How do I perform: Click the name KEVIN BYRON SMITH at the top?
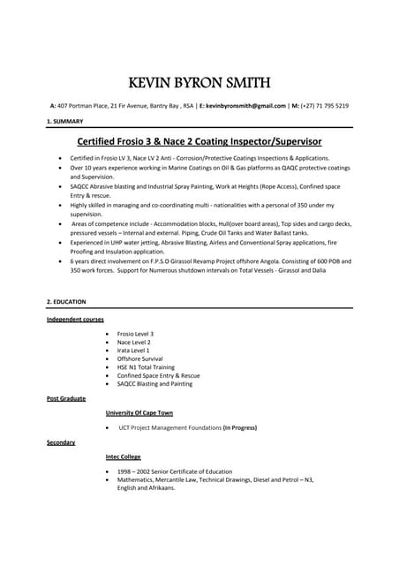coord(199,84)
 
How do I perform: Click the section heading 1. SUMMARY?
coord(66,120)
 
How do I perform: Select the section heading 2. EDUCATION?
coord(67,302)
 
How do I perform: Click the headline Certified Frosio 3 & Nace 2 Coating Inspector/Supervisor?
coord(199,141)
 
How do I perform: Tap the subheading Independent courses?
coord(75,319)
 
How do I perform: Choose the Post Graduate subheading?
coord(66,399)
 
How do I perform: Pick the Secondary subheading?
coord(61,442)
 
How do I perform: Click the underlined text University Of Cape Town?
coord(139,413)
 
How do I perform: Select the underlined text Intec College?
coord(124,456)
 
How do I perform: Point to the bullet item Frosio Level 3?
coord(135,335)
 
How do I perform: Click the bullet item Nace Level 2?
coord(134,343)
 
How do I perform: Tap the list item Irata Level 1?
coord(133,350)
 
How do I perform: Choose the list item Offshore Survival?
coord(139,359)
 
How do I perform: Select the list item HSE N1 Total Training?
coord(146,367)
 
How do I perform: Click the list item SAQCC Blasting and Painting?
coord(154,384)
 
